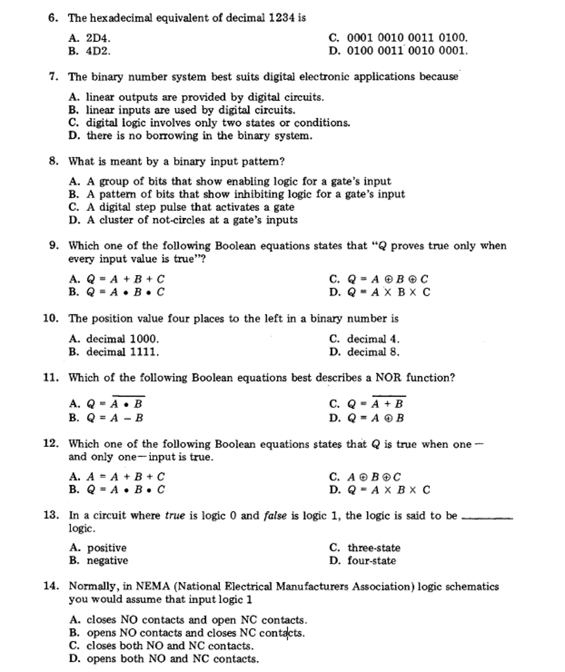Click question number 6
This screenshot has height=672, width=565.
52,18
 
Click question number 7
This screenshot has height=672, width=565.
52,77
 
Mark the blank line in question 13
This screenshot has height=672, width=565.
487,518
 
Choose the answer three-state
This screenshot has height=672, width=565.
373,548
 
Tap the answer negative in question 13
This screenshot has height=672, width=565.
108,561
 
